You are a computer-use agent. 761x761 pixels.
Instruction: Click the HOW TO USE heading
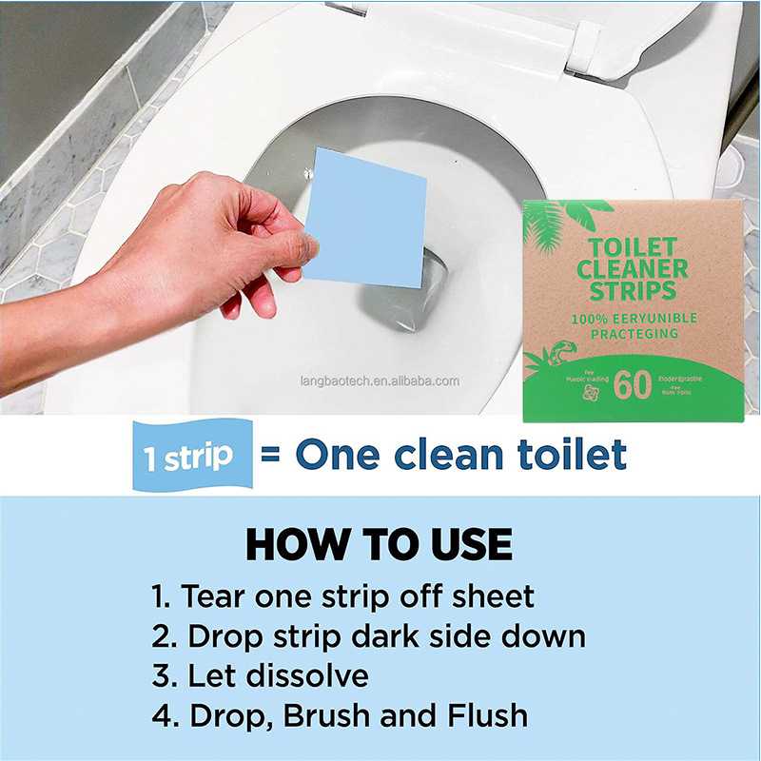coord(380,545)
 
